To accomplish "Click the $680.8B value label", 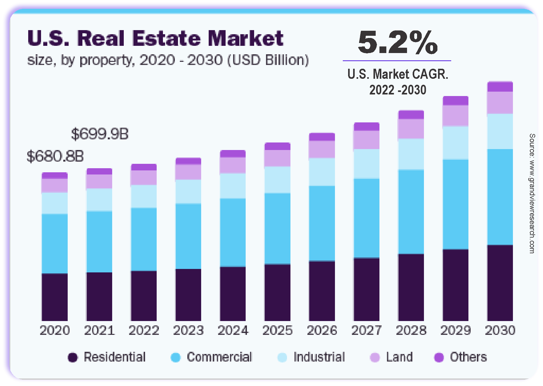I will tap(55, 156).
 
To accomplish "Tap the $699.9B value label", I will tap(100, 134).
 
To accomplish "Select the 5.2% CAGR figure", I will tap(398, 42).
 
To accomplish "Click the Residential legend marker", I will tap(73, 357).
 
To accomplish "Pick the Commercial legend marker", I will tap(175, 357).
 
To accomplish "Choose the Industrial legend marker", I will tap(282, 357).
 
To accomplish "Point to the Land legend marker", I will tap(375, 357).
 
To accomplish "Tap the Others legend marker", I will tap(439, 357).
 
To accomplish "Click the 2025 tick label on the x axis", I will tap(277, 330).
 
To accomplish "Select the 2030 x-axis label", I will tap(500, 330).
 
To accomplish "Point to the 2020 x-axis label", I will tap(55, 330).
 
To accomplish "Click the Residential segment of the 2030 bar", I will tap(500, 282).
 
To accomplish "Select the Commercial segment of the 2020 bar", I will tap(55, 244).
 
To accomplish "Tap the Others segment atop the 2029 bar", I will tap(456, 101).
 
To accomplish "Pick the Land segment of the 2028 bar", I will tap(411, 129).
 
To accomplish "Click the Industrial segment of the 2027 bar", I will tap(367, 164).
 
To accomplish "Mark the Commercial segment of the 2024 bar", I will tap(233, 232).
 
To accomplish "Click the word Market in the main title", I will tap(246, 38).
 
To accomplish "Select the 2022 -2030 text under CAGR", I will tap(398, 90).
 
